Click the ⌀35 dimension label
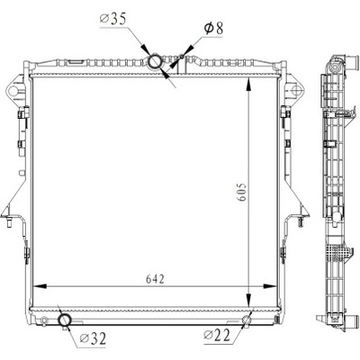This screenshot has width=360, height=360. (x=112, y=20)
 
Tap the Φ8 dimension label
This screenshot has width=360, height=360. (x=213, y=29)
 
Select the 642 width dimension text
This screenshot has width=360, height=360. (x=156, y=279)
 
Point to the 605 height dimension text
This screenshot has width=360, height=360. (x=242, y=192)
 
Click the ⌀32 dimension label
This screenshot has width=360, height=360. (x=93, y=338)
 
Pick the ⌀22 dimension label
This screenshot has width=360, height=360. (x=217, y=335)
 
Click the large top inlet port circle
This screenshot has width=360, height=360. (x=156, y=62)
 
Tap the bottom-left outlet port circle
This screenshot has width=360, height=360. (x=65, y=320)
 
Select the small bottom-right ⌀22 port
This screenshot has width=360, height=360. (x=246, y=320)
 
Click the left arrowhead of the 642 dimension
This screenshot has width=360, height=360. (x=39, y=286)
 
